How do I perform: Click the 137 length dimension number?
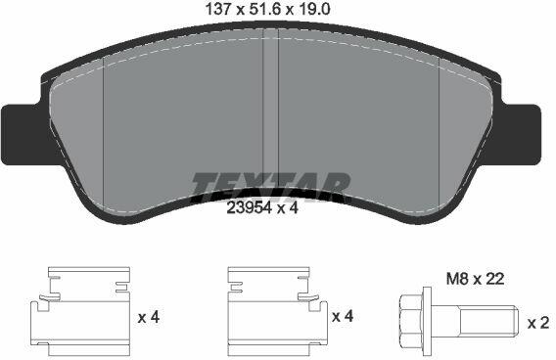(218, 10)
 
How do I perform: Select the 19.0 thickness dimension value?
(314, 10)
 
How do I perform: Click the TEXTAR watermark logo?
(271, 187)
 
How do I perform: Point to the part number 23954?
(249, 208)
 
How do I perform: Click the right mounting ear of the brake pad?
(521, 135)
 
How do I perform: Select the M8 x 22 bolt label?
(475, 279)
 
